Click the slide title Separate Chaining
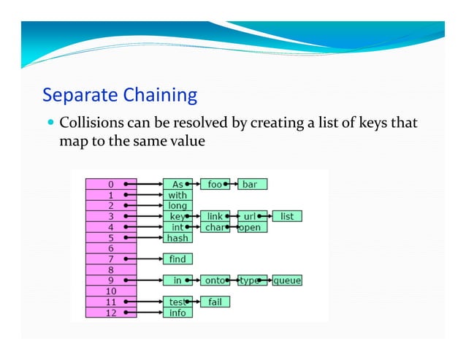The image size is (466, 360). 120,96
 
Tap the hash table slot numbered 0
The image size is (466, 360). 110,185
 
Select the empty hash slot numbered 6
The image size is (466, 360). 110,248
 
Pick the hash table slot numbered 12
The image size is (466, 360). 110,313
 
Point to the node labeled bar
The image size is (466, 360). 253,185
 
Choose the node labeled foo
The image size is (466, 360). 215,185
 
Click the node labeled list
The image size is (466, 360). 287,216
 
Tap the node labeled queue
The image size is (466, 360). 287,280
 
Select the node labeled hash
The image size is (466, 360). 177,238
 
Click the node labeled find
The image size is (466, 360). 177,259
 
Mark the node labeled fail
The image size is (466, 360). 215,302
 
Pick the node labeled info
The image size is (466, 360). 177,313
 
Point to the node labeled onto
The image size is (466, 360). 215,280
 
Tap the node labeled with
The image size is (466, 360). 177,195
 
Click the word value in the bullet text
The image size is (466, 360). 188,141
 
